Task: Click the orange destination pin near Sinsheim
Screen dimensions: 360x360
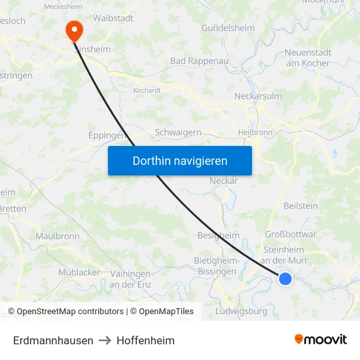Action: coord(74,29)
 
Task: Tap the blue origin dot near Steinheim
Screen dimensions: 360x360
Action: coord(285,279)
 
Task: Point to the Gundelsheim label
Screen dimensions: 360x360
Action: coord(229,28)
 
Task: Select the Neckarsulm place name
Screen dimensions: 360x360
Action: coord(258,96)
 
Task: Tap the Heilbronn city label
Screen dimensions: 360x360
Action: coord(255,132)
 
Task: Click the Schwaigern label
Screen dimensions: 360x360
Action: coord(178,132)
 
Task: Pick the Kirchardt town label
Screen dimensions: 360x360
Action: coord(147,90)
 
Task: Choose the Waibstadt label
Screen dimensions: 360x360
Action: coord(113,18)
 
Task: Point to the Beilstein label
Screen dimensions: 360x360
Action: coord(300,206)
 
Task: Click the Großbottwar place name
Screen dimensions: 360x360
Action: coord(291,234)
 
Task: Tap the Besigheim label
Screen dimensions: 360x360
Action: coord(218,235)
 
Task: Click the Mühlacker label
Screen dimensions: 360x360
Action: coord(79,272)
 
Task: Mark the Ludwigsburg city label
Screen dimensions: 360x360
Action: coord(241,312)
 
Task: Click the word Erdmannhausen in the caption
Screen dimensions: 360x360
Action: coord(53,340)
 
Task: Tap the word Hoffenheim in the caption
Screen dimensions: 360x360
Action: coord(145,340)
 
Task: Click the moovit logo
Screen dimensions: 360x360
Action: coord(320,340)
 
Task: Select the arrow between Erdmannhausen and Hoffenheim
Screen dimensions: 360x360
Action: coord(105,340)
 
